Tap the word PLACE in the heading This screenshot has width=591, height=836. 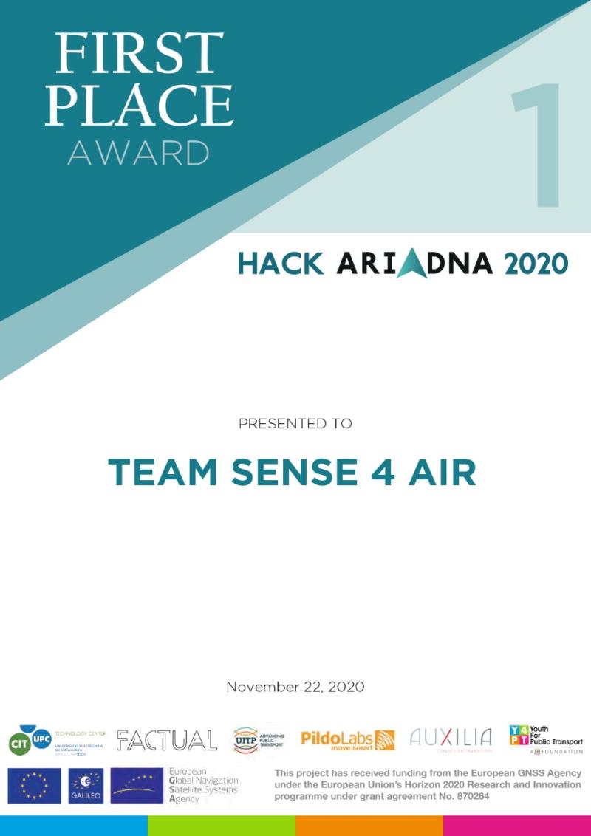tap(139, 104)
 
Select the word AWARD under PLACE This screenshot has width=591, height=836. tap(138, 153)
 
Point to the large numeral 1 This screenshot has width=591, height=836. tap(537, 145)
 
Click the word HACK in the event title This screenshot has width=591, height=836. tap(281, 264)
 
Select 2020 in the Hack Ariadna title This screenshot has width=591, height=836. tap(536, 264)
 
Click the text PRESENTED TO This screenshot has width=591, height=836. tap(295, 424)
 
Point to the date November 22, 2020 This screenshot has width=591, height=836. tap(295, 687)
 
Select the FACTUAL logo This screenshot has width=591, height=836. tap(167, 740)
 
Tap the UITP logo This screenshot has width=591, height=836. tap(258, 739)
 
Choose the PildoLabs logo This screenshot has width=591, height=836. tap(347, 739)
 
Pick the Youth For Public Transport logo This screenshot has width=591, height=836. tap(545, 739)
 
